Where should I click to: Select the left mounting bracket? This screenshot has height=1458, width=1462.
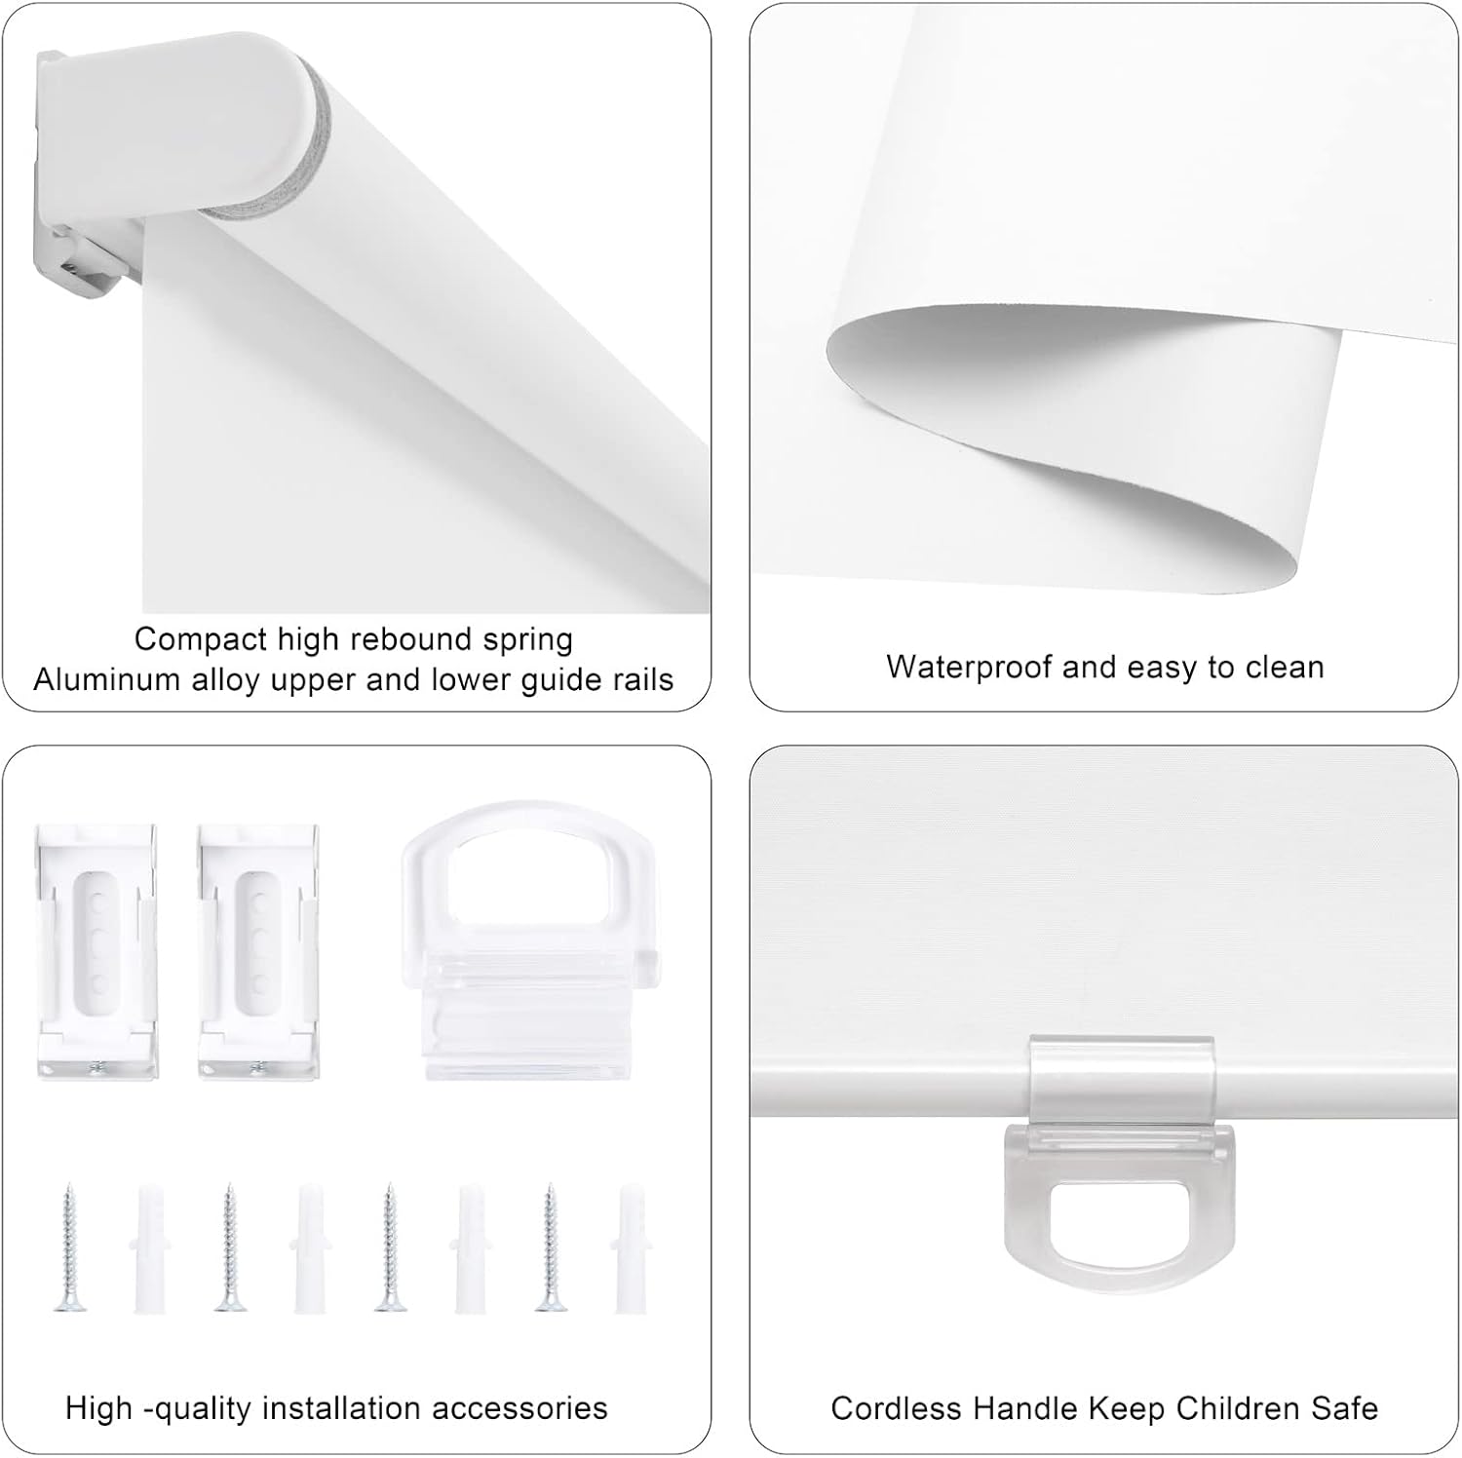pos(97,950)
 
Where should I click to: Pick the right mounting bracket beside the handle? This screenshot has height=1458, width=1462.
pos(258,950)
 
